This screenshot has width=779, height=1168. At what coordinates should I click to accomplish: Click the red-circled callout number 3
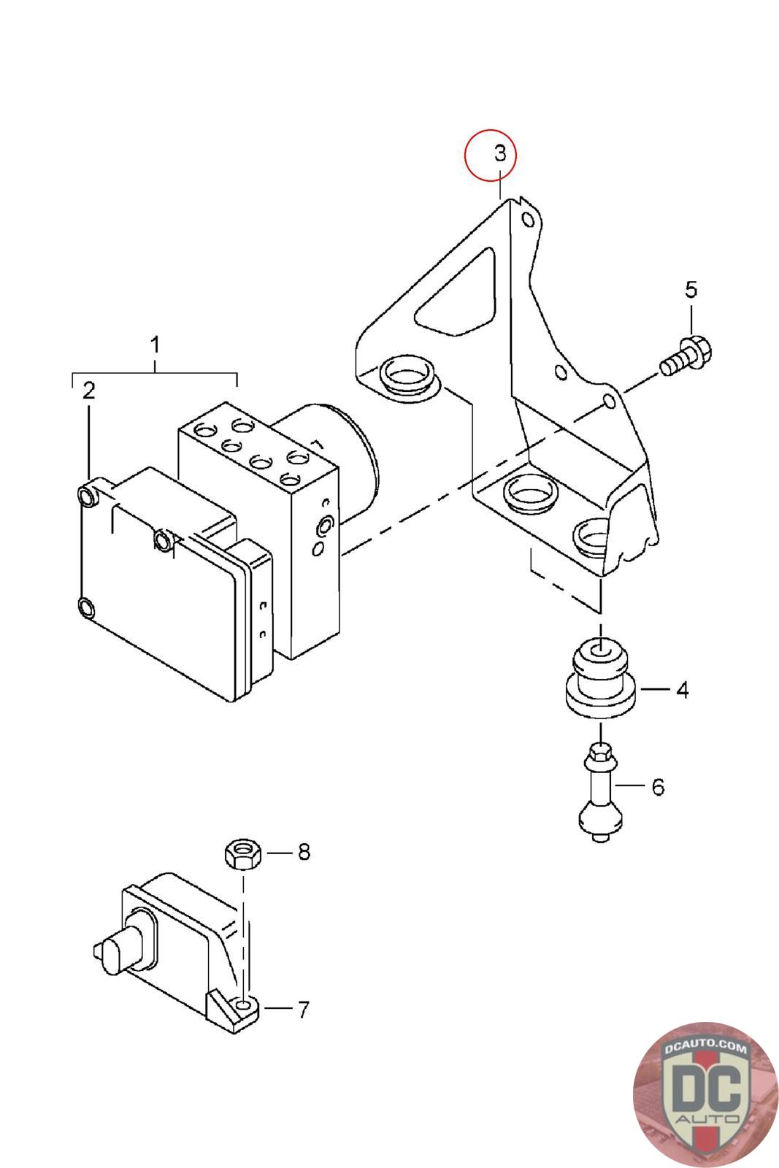499,153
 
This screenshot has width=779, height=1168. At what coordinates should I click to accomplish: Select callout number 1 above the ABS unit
154,345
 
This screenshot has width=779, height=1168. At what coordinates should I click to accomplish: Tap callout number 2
88,391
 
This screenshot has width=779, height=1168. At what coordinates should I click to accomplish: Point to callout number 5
691,289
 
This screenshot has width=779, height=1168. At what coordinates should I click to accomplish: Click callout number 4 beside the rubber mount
682,690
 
